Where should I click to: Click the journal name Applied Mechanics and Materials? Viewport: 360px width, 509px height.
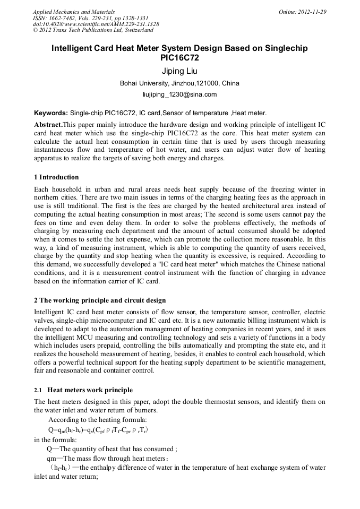coord(74,11)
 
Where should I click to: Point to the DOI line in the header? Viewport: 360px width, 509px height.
coord(96,24)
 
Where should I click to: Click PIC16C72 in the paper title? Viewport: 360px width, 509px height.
coord(179,57)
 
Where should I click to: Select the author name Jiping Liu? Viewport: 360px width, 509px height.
coord(179,71)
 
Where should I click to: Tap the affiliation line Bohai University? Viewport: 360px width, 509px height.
coord(179,83)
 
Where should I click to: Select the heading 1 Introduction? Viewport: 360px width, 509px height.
coord(56,177)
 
